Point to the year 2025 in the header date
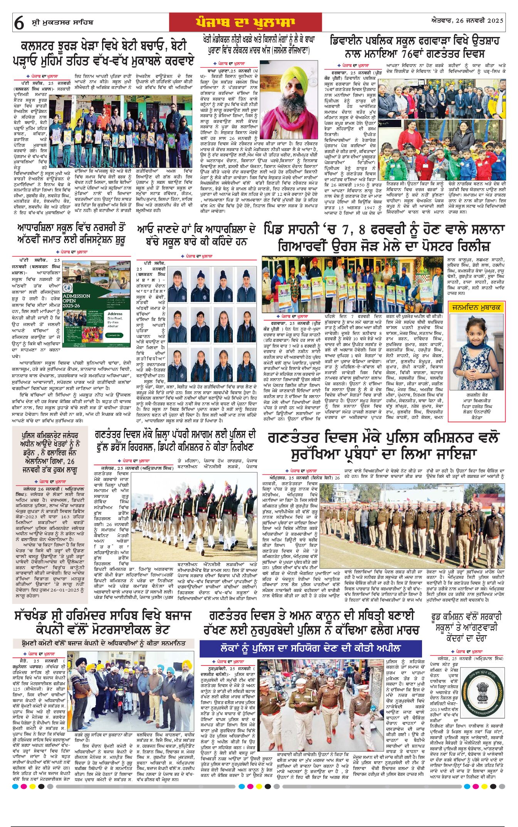click(495, 20)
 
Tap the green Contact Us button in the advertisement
click(113, 335)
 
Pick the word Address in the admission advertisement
click(115, 314)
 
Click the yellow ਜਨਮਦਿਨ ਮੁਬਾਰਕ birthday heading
click(476, 307)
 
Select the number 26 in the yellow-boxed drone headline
click(71, 461)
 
